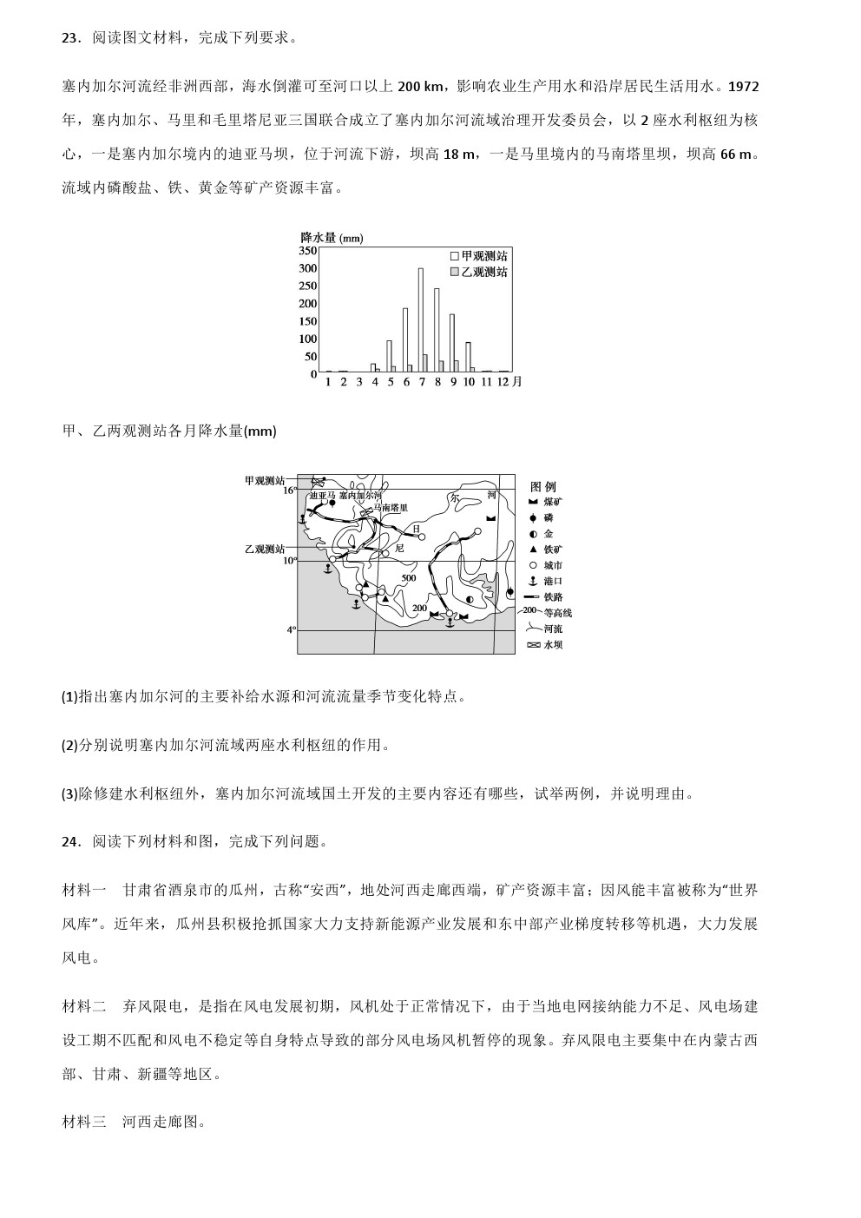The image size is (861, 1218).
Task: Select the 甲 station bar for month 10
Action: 468,357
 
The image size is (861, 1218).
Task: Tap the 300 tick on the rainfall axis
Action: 308,268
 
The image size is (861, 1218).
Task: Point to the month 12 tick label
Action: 503,381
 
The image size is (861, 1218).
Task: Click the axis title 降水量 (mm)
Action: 332,238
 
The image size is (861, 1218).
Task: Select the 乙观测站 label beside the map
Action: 265,549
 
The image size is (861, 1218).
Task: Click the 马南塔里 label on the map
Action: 391,507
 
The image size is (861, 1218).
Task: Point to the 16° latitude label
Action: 291,490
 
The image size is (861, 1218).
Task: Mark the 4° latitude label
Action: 292,629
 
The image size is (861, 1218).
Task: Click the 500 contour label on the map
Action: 408,578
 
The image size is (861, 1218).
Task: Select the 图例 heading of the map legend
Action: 542,486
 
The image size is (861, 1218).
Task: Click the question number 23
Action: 70,38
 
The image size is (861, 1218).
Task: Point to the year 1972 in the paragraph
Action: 744,86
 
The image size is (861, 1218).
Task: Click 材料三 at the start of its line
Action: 84,1122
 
